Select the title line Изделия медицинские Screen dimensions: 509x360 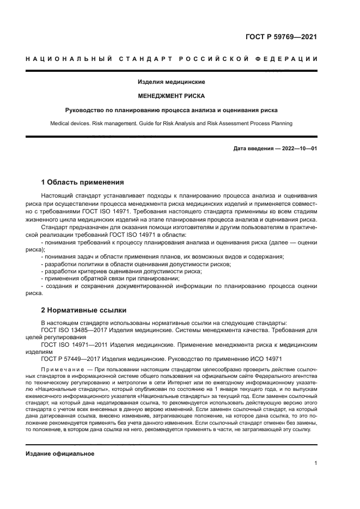171,82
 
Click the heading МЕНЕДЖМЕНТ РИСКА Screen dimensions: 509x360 171,96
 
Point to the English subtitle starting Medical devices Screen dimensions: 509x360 171,124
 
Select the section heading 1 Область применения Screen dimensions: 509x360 83,182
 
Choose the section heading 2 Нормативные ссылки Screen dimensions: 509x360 84,310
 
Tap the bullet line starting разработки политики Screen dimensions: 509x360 136,264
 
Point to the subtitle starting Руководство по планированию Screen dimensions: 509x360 171,109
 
